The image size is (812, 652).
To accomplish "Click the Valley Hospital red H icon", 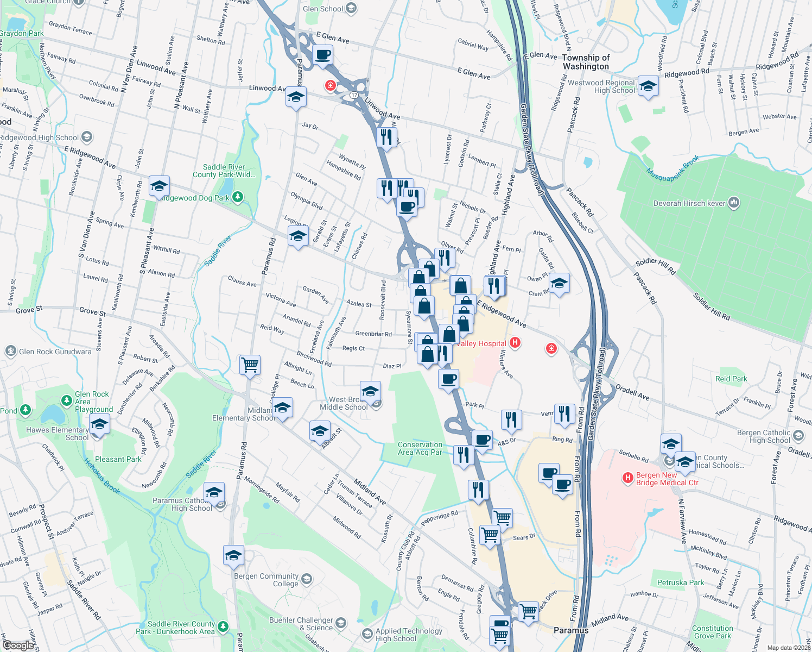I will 516,343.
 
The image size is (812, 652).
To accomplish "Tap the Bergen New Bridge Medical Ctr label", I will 667,479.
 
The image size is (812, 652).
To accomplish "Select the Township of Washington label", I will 586,62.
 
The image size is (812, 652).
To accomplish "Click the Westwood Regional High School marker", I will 648,86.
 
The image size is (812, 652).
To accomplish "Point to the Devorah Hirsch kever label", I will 689,203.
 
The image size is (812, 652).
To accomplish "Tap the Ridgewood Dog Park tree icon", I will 238,197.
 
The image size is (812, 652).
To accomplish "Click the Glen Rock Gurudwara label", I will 55,352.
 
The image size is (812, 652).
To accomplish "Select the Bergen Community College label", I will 267,580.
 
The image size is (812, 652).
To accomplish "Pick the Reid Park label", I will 731,379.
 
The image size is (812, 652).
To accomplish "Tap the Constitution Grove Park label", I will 712,632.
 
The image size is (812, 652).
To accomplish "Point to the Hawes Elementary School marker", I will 99,424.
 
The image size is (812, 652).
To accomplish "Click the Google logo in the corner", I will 18,645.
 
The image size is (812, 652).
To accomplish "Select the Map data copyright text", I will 789,648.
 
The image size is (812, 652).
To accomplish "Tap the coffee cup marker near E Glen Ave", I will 322,55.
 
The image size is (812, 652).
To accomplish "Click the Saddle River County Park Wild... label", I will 224,171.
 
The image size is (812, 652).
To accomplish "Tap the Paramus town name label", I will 570,630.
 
